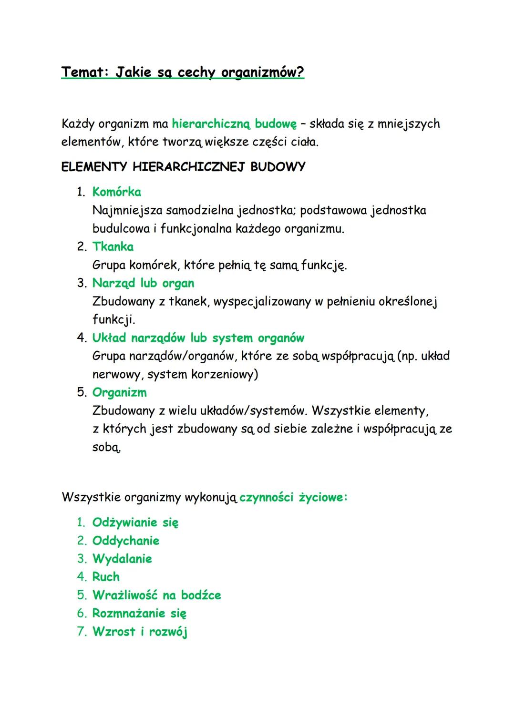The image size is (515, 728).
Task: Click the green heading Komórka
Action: [x=116, y=192]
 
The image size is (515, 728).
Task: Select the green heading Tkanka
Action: [x=113, y=247]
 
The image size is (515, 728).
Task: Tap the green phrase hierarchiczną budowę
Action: [x=234, y=124]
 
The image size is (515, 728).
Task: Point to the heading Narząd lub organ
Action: [x=143, y=283]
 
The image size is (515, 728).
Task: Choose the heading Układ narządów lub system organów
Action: [x=198, y=338]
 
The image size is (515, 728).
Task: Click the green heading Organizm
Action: [x=119, y=393]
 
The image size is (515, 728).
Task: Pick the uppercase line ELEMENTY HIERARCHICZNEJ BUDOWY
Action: [x=183, y=167]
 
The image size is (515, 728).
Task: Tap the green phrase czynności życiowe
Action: [x=293, y=498]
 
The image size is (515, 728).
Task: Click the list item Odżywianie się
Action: [x=135, y=523]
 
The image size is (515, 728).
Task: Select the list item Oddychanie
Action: [x=126, y=541]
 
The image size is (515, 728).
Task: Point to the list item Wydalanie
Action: [x=122, y=559]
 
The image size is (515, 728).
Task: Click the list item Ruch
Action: [x=106, y=577]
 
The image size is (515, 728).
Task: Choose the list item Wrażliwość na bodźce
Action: [x=156, y=595]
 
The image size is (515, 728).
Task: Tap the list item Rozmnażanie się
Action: [x=139, y=614]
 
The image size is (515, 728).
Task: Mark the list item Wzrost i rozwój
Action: [x=140, y=632]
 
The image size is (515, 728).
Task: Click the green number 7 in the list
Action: [x=81, y=632]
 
